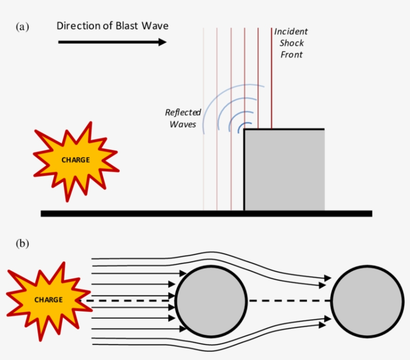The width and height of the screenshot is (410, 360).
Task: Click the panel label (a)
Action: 22,27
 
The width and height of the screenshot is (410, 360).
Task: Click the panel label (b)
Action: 22,244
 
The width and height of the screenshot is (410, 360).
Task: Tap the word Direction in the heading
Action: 77,25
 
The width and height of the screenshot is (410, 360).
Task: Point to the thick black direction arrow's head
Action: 162,42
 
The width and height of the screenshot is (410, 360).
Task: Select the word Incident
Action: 291,31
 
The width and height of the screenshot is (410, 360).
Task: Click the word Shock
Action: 291,43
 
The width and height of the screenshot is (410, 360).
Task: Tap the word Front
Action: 291,54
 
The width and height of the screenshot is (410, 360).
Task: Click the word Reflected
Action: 183,112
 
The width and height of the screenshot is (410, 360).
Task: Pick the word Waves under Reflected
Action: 182,124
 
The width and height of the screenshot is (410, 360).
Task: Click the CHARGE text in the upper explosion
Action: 75,160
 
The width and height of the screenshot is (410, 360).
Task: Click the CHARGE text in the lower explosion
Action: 48,299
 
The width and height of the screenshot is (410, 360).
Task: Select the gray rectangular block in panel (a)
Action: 284,170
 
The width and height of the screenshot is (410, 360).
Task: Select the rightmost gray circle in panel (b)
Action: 367,300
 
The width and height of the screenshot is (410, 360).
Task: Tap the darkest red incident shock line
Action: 271,75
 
